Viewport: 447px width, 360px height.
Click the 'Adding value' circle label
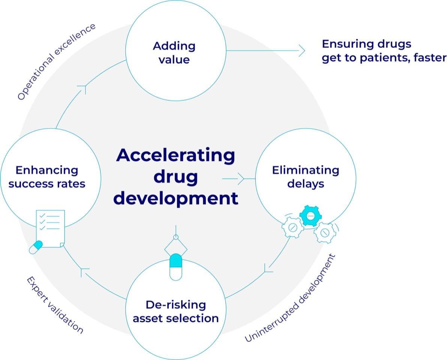[x=174, y=53]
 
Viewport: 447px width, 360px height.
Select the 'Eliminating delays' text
[x=305, y=177]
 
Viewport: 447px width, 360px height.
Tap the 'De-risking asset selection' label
[x=175, y=311]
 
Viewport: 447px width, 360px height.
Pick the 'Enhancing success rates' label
[x=47, y=177]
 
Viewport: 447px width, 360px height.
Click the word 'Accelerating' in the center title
[x=175, y=155]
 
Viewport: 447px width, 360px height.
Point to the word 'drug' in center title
[x=175, y=177]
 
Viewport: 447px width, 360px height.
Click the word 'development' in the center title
[x=175, y=198]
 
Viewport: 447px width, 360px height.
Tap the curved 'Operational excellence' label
[x=56, y=62]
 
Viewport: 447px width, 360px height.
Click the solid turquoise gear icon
[x=310, y=216]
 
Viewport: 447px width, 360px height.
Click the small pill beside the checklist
[x=36, y=247]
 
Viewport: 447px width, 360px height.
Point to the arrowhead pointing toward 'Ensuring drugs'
[x=301, y=50]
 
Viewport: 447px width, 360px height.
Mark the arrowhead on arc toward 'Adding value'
[x=82, y=88]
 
